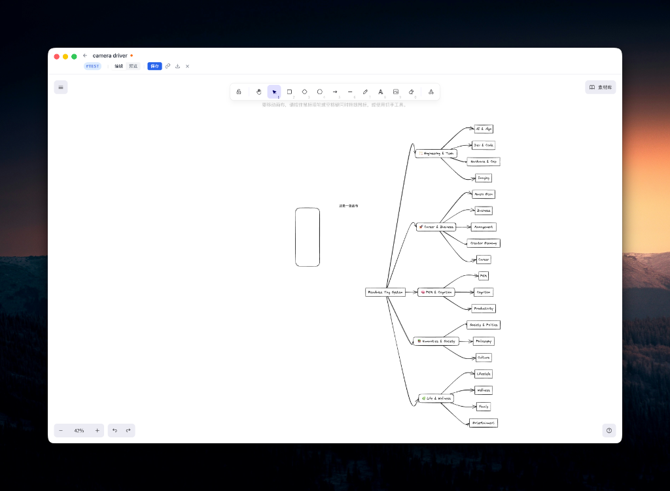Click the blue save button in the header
pos(154,66)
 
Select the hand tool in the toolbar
pos(259,92)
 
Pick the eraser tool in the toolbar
pos(411,92)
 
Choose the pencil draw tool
pos(365,92)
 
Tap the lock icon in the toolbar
pos(239,92)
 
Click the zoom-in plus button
pos(97,430)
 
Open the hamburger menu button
pos(61,87)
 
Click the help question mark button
pos(609,430)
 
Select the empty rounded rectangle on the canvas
pos(308,237)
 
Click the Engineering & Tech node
pos(436,154)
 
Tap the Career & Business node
pos(436,227)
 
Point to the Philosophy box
pos(484,341)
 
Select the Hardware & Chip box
pos(484,161)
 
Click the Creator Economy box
pos(484,243)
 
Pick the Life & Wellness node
pos(436,398)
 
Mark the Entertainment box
pos(484,423)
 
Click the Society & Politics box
pos(484,325)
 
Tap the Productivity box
pos(484,309)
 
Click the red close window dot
pos(57,57)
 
